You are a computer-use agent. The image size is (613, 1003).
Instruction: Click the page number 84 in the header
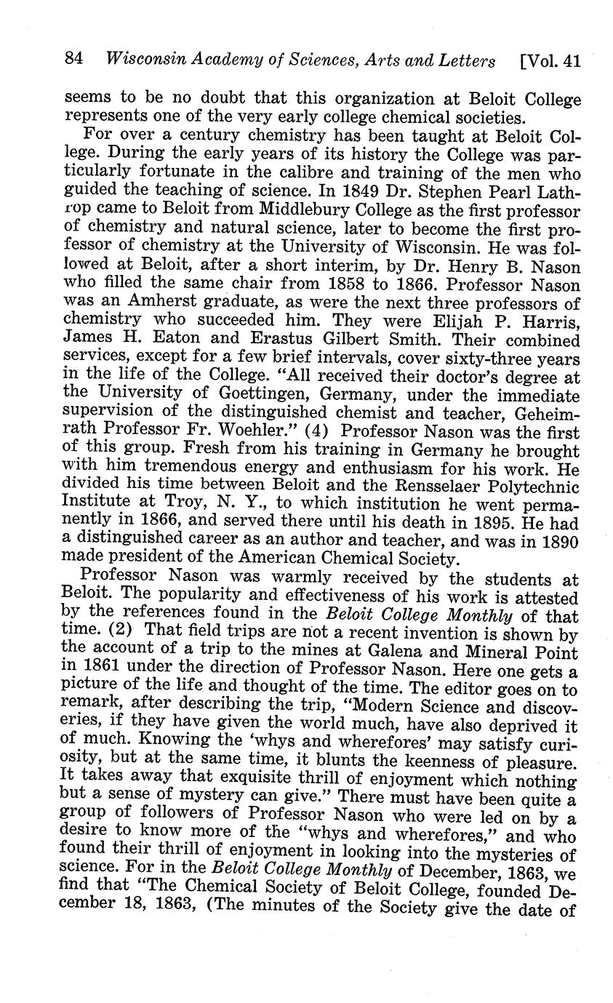pos(75,60)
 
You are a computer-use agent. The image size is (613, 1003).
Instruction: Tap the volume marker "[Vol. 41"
pos(550,60)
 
